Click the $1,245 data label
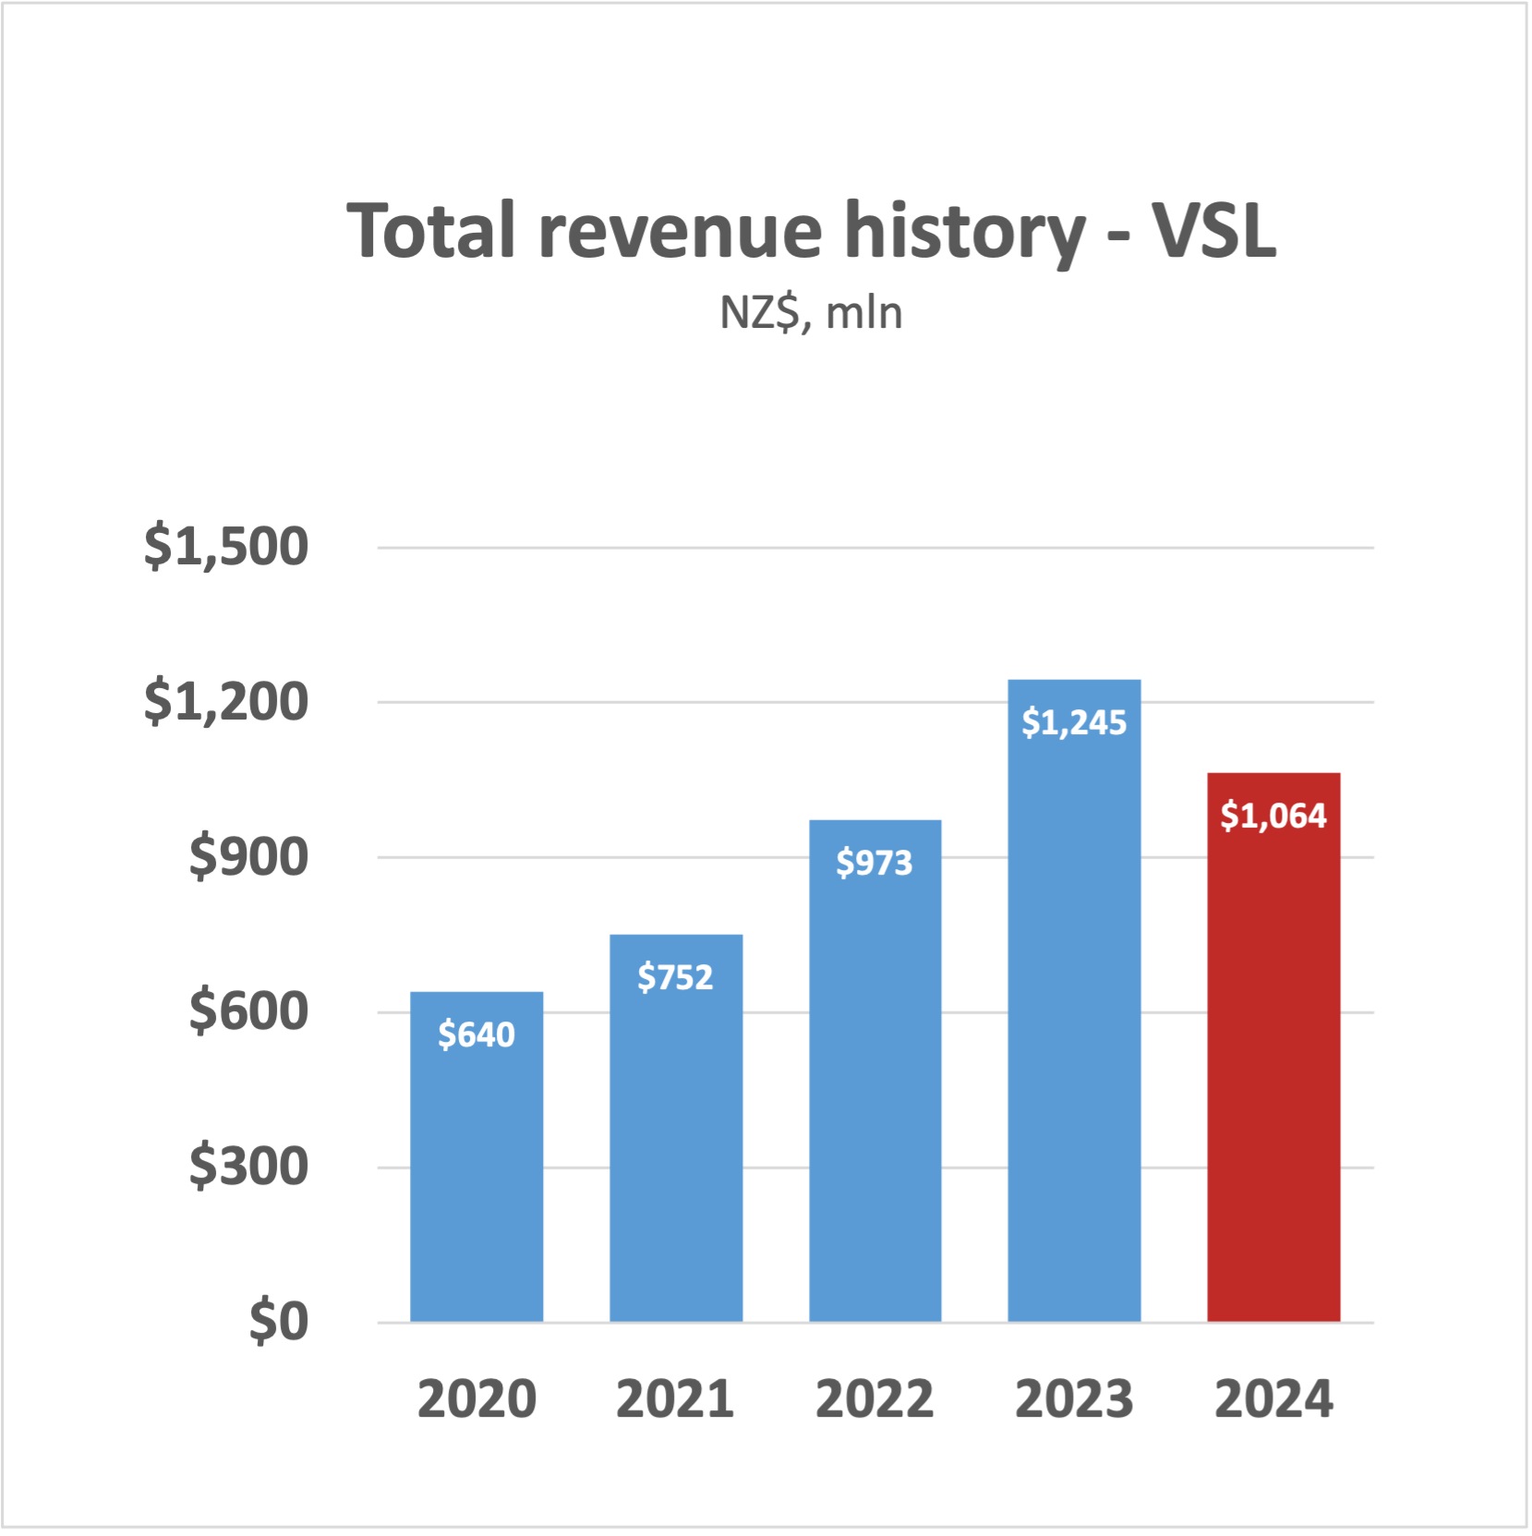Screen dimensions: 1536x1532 [1074, 722]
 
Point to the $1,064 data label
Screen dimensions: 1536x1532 [1273, 816]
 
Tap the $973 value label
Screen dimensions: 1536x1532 [875, 863]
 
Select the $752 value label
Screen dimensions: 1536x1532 [676, 977]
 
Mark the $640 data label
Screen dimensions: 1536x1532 [476, 1034]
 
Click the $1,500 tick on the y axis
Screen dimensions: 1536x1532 [226, 547]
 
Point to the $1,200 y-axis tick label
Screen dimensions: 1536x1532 [226, 702]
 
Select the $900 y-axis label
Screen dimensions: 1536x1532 [248, 857]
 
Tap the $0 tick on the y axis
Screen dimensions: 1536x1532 [278, 1322]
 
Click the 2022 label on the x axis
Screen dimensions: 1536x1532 [875, 1398]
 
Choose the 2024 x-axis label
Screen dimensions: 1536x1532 [1273, 1398]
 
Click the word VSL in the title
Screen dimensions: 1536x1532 [1213, 231]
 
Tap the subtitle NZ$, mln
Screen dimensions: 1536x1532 [811, 313]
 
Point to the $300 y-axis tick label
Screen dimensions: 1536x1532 [248, 1167]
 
